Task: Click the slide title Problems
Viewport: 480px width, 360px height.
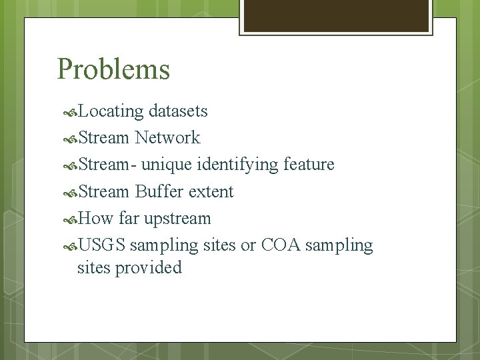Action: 113,69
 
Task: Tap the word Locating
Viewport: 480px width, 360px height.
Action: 111,111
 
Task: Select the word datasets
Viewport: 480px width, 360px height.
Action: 179,111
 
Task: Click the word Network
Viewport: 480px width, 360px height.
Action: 167,138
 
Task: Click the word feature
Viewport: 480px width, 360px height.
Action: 309,164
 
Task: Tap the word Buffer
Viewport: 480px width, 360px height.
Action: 159,192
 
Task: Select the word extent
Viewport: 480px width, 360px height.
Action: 211,192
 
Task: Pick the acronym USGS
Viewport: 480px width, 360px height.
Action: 101,246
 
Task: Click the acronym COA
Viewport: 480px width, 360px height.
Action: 282,246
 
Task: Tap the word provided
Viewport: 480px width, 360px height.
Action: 148,268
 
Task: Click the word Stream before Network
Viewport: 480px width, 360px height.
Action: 104,138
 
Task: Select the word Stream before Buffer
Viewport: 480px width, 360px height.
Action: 104,192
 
